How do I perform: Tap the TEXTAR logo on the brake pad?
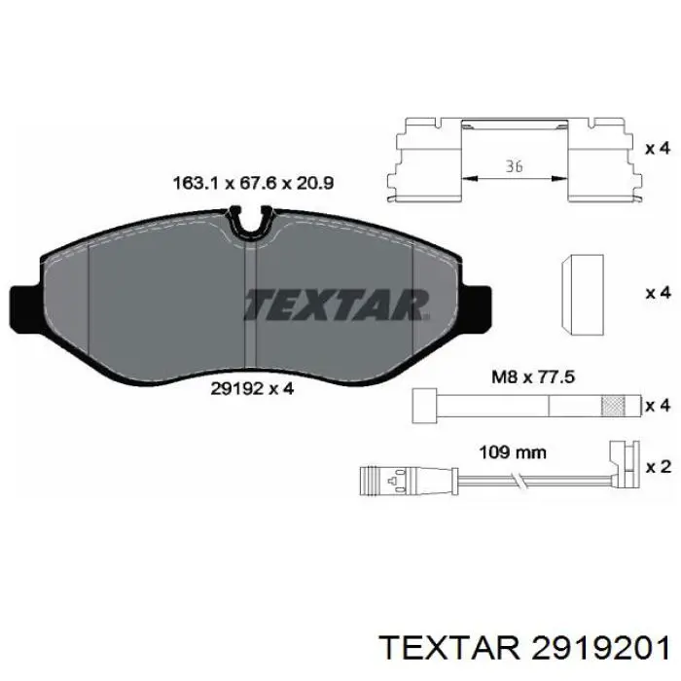click(336, 304)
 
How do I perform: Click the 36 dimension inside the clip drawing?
click(515, 166)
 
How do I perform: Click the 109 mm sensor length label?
click(514, 451)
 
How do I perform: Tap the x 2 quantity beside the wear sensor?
click(658, 467)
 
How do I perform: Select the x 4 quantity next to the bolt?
click(658, 404)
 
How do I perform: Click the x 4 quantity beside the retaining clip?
click(658, 149)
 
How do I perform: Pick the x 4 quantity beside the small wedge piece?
click(658, 293)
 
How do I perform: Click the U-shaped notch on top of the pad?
click(252, 223)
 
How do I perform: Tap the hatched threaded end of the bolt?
click(614, 404)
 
